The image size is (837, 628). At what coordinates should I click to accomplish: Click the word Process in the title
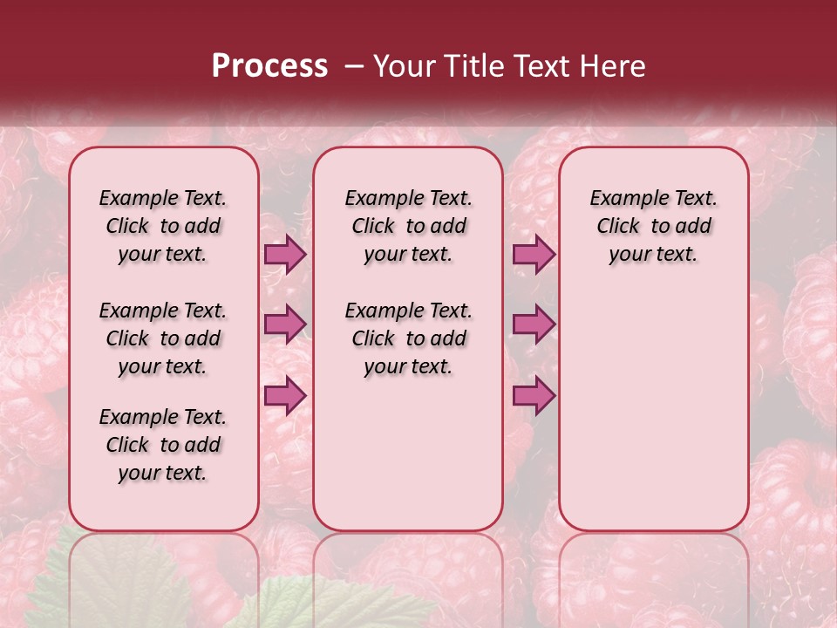pos(269,66)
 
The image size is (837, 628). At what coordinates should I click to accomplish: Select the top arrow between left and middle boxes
pos(285,254)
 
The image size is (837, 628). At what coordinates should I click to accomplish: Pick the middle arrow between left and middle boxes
pos(285,324)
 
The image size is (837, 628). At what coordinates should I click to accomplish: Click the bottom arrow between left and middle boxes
pos(285,396)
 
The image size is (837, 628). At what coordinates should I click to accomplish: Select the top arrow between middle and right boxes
pos(534,254)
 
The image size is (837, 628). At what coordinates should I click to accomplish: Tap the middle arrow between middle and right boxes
pos(534,324)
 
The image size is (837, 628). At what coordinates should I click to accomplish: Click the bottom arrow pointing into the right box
pos(534,396)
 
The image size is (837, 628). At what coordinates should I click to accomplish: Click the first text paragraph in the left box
pos(163,226)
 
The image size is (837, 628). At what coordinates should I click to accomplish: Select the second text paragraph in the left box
pos(163,338)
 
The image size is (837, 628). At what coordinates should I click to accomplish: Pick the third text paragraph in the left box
pos(163,445)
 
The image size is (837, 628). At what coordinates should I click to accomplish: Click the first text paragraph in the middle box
pos(409,226)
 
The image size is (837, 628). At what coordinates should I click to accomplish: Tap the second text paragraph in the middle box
pos(409,338)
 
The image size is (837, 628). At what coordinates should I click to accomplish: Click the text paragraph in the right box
pos(654,226)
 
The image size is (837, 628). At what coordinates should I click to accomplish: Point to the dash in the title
pos(354,67)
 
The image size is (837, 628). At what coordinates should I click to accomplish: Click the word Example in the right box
pos(623,198)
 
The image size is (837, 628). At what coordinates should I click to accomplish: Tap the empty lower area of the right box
pos(654,410)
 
